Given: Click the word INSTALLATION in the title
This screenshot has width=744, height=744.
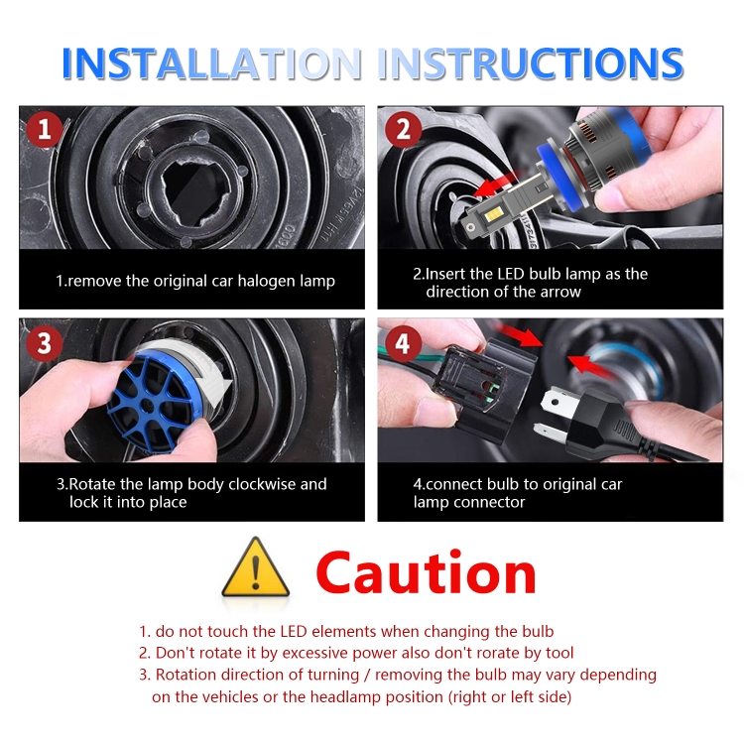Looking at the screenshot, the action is [x=211, y=63].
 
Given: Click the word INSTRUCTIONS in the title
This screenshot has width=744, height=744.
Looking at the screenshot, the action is [x=531, y=63].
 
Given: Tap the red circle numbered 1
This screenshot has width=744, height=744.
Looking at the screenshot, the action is [x=44, y=129].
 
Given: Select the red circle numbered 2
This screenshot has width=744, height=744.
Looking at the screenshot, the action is [x=404, y=129].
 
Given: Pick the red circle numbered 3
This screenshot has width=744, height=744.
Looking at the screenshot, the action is [x=44, y=343].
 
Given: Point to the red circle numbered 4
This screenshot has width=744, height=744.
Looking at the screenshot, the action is [x=403, y=343].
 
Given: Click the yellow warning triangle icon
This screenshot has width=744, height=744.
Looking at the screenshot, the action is [x=256, y=567].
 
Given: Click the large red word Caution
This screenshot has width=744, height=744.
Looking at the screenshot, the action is [x=427, y=572].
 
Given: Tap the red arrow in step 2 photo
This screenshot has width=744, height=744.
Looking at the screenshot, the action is [x=496, y=186].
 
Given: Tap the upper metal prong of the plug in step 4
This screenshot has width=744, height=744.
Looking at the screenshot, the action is [x=558, y=403].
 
